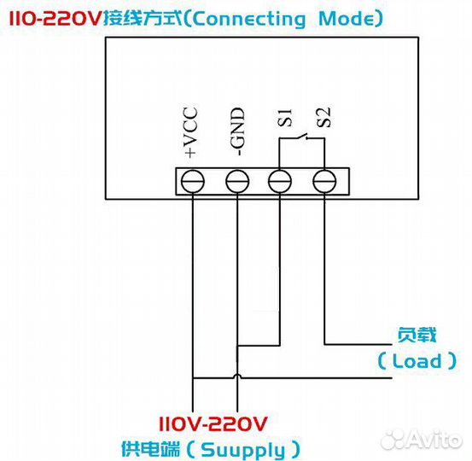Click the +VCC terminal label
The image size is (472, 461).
(190, 131)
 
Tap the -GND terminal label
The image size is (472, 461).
(237, 131)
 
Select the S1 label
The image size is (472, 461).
(284, 118)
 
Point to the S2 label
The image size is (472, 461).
(323, 118)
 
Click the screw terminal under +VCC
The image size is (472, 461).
(193, 181)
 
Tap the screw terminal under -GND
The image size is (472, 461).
(237, 181)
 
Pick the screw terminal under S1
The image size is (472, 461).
(280, 181)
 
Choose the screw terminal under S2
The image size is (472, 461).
(324, 181)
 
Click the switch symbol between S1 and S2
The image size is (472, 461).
(302, 137)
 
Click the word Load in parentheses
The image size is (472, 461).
(417, 361)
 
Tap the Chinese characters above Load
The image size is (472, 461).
(417, 335)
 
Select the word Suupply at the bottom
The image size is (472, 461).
(242, 450)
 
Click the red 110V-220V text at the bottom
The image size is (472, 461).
(213, 424)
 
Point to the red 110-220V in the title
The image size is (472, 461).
(55, 18)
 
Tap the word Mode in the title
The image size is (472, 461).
(347, 19)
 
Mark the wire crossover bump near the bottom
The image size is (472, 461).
(237, 376)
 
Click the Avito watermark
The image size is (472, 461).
(422, 440)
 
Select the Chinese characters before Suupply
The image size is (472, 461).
(150, 449)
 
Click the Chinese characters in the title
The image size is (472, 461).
(143, 19)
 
